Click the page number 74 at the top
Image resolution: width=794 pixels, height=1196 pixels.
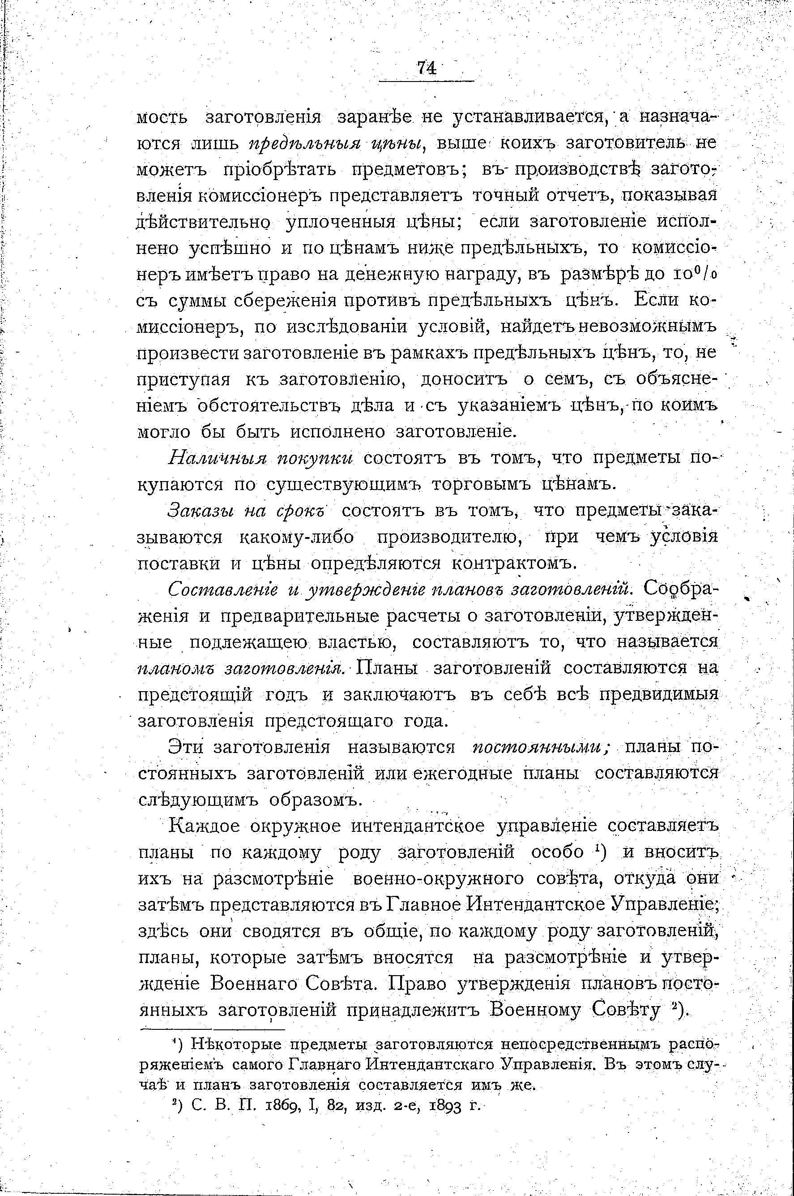(x=427, y=67)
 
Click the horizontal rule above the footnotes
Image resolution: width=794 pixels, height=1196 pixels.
(x=212, y=1030)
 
